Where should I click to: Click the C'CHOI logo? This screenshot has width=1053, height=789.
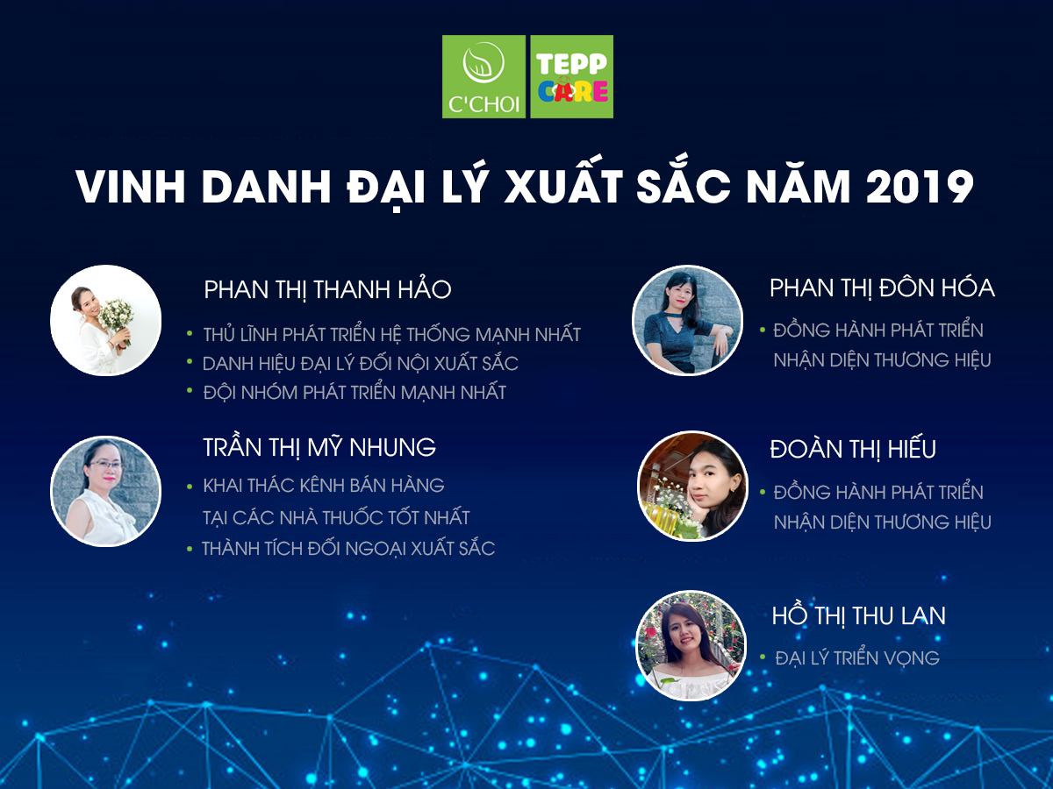pyautogui.click(x=484, y=76)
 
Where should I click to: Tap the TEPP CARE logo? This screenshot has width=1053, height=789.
pyautogui.click(x=572, y=76)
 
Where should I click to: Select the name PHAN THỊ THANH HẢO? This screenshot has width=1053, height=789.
pyautogui.click(x=327, y=289)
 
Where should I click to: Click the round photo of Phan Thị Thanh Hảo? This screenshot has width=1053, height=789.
pyautogui.click(x=105, y=320)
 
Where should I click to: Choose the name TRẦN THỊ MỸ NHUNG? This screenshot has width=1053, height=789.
pyautogui.click(x=319, y=447)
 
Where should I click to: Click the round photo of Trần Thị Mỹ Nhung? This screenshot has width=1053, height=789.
pyautogui.click(x=105, y=491)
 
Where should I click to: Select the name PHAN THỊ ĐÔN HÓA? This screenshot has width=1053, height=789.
pyautogui.click(x=882, y=288)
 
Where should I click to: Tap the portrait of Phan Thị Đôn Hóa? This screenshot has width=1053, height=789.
pyautogui.click(x=688, y=321)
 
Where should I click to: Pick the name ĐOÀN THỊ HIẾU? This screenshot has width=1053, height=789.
pyautogui.click(x=853, y=449)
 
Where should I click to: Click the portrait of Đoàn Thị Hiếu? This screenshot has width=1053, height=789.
pyautogui.click(x=691, y=485)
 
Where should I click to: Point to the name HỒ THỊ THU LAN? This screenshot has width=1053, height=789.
pyautogui.click(x=858, y=615)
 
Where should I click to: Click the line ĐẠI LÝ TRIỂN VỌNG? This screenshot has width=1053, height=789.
pyautogui.click(x=857, y=657)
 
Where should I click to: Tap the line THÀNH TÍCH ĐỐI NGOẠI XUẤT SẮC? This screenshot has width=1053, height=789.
pyautogui.click(x=348, y=549)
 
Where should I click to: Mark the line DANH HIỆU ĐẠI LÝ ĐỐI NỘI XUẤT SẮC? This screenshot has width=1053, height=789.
pyautogui.click(x=360, y=363)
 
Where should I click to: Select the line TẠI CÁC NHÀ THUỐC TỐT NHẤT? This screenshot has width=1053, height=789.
pyautogui.click(x=336, y=517)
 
